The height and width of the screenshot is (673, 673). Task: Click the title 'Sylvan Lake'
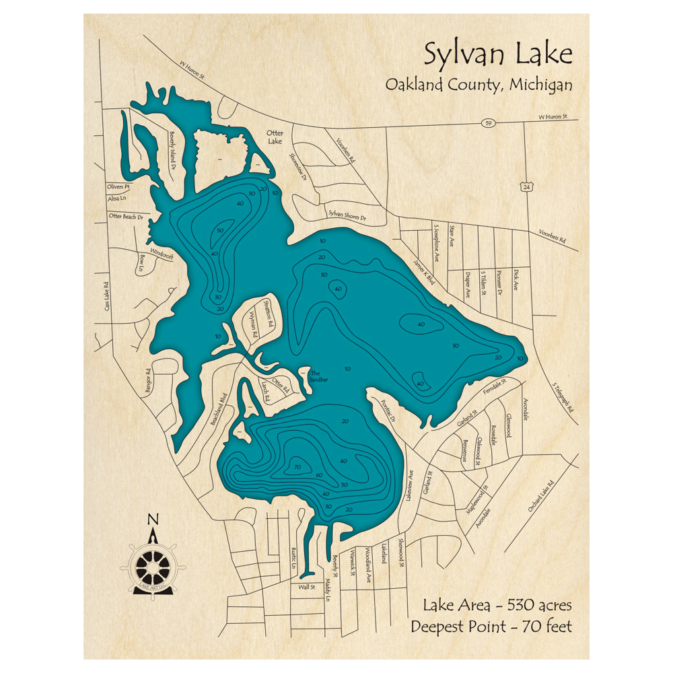(x=497, y=53)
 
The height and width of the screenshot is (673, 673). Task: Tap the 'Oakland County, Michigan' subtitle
(x=479, y=85)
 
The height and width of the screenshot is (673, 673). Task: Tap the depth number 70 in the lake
(x=295, y=467)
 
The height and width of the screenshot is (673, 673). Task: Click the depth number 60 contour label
(x=319, y=476)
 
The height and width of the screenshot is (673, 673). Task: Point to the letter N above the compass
(x=153, y=520)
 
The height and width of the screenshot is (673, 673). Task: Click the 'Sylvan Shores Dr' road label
(x=347, y=214)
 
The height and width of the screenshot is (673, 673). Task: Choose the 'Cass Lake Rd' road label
(x=106, y=296)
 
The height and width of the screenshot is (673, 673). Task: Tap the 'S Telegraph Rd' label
(x=563, y=397)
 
